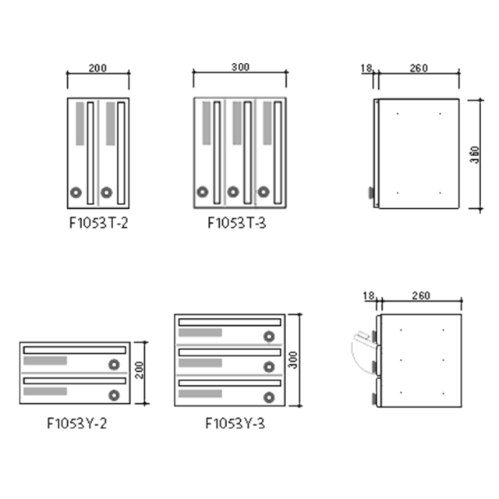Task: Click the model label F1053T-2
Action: pyautogui.click(x=99, y=223)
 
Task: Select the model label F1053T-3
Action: pyautogui.click(x=237, y=223)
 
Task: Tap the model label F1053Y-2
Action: pyautogui.click(x=77, y=423)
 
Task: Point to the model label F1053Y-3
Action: pyautogui.click(x=235, y=423)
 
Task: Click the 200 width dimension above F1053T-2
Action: pyautogui.click(x=97, y=68)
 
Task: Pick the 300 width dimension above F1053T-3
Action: pyautogui.click(x=240, y=67)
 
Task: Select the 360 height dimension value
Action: pyautogui.click(x=475, y=154)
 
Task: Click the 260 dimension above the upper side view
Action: pyautogui.click(x=419, y=68)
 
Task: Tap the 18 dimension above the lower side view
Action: pyautogui.click(x=369, y=296)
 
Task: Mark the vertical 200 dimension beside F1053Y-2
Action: pyautogui.click(x=139, y=370)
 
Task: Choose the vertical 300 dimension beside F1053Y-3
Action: pyautogui.click(x=292, y=360)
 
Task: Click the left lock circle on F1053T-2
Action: pyautogui.click(x=76, y=193)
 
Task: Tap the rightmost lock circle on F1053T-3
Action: pyautogui.click(x=264, y=192)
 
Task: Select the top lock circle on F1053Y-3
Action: pyautogui.click(x=269, y=336)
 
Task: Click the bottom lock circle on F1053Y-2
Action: pyautogui.click(x=114, y=395)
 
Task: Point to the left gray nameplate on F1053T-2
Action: pyautogui.click(x=80, y=124)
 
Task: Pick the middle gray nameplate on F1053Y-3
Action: pyautogui.click(x=200, y=363)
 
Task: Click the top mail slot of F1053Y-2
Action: pyautogui.click(x=75, y=350)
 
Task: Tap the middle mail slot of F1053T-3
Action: pyautogui.click(x=248, y=153)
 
